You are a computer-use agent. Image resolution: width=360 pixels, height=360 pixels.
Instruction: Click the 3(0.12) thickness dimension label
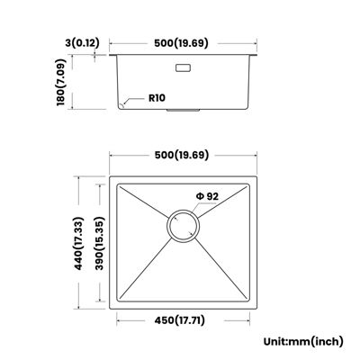(82, 43)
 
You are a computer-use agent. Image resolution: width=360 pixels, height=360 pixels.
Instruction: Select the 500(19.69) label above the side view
(181, 43)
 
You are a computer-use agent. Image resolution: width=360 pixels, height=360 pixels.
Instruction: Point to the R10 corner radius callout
(157, 98)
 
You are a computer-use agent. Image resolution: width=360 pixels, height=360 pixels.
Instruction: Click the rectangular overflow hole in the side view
(183, 67)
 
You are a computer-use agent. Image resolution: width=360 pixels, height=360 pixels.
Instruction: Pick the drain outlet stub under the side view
(183, 111)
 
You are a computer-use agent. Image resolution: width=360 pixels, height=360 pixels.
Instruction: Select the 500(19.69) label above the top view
(182, 155)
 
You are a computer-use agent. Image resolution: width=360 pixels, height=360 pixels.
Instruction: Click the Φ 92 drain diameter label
(207, 196)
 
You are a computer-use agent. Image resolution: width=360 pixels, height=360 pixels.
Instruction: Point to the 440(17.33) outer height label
(78, 243)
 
